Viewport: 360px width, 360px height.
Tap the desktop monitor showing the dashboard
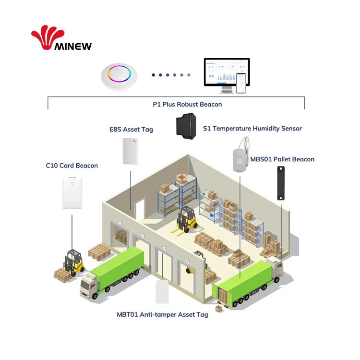click(226, 73)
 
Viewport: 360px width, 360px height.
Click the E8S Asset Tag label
click(131, 130)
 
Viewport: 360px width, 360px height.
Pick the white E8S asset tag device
click(131, 151)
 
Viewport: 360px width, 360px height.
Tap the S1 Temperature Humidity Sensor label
click(252, 128)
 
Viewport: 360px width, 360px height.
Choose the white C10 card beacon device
click(72, 192)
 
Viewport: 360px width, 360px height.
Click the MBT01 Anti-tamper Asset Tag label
click(162, 315)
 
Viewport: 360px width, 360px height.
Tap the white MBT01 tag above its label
click(163, 292)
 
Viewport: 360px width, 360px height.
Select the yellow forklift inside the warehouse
click(185, 221)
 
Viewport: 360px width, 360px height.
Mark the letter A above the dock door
click(120, 223)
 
